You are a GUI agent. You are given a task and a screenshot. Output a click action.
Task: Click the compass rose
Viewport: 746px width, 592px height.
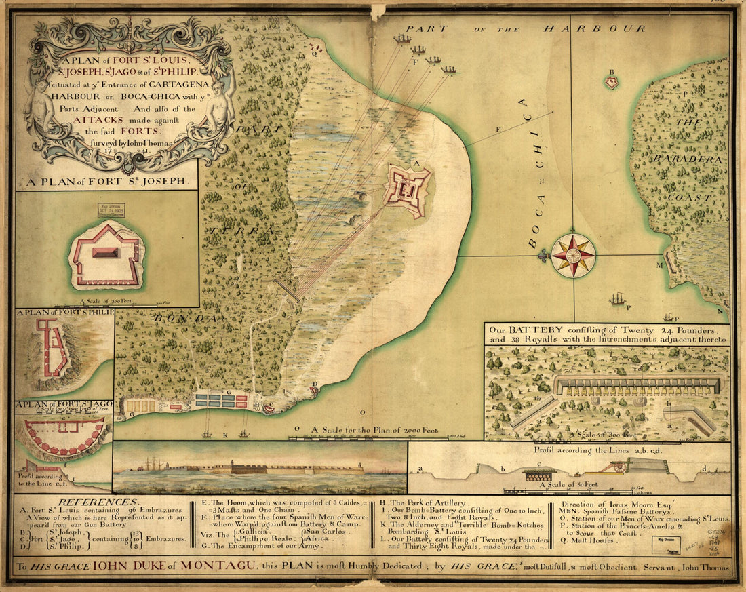click(x=573, y=256)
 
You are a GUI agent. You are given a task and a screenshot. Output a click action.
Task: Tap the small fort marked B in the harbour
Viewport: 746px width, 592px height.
click(x=612, y=82)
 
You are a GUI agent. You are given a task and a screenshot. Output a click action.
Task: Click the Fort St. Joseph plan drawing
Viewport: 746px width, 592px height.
click(x=106, y=254)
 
